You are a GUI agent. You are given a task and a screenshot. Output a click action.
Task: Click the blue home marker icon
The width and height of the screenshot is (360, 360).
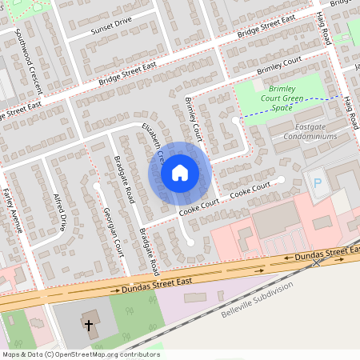[180, 172]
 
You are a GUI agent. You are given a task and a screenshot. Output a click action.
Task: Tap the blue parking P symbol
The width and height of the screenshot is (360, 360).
[318, 184]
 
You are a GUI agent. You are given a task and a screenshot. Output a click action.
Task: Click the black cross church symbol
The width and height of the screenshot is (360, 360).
[89, 326]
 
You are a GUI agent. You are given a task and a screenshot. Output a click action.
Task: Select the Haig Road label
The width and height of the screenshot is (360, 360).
[330, 32]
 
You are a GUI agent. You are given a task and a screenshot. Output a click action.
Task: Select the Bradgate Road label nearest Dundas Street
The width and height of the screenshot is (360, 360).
[150, 251]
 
